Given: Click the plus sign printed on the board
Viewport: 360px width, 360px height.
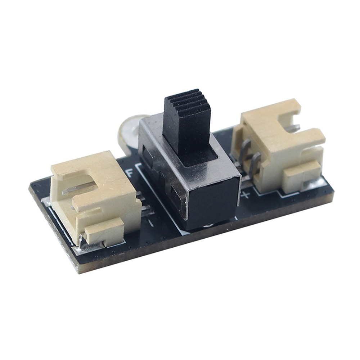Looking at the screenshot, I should (x=246, y=195).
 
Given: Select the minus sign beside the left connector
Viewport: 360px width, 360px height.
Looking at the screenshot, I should (x=150, y=223).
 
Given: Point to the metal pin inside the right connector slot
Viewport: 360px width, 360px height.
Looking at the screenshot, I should (x=294, y=127).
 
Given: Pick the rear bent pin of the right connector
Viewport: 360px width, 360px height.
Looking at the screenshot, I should (x=244, y=151).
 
